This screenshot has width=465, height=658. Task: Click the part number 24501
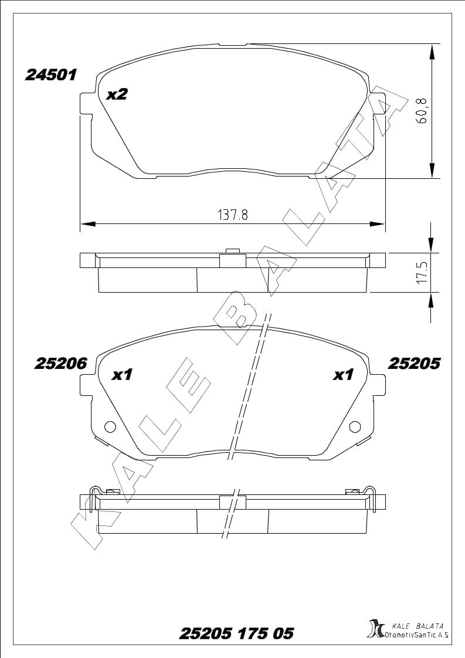tap(51, 75)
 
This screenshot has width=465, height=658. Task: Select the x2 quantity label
tap(116, 94)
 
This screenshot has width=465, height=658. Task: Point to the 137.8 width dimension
tap(233, 215)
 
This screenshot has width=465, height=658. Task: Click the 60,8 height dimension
tap(421, 110)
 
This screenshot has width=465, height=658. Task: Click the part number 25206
tap(60, 364)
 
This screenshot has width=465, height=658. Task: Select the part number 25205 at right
tap(414, 364)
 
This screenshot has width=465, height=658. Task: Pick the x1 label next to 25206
tap(122, 374)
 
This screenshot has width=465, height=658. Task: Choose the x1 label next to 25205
tap(343, 374)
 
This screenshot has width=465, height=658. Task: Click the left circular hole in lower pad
tap(110, 427)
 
